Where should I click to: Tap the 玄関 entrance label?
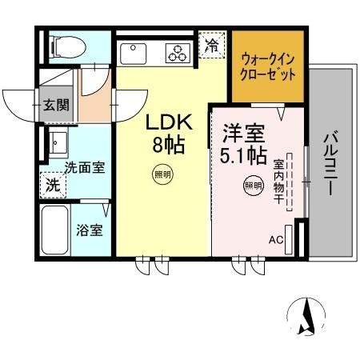point(56,104)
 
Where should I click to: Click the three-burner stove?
point(177,54)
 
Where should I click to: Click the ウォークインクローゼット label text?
point(267,66)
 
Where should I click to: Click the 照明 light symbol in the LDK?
point(162,173)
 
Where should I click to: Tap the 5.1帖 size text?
point(241,153)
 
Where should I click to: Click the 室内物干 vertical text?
point(279,182)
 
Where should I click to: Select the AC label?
point(276,239)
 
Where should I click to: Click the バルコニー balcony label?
point(329,161)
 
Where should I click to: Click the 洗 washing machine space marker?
point(51,183)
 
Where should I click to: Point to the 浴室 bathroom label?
point(89,231)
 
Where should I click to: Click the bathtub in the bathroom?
point(57,230)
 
